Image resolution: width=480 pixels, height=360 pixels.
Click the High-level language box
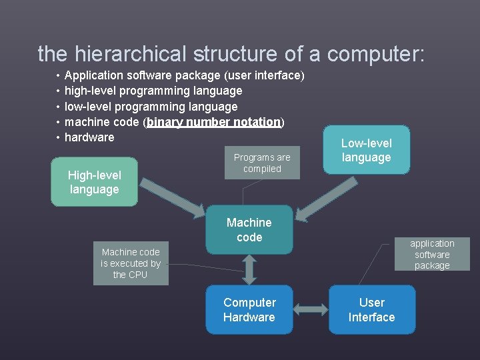[x=94, y=182]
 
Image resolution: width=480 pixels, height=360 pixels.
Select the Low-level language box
[x=366, y=150]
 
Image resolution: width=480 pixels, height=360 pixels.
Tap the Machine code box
[x=249, y=229]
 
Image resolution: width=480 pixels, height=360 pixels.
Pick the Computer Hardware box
[x=249, y=310]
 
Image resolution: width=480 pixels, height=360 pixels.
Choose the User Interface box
[x=371, y=310]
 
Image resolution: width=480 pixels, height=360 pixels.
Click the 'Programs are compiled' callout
[x=262, y=163]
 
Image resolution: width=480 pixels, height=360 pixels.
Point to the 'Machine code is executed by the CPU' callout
[x=131, y=263]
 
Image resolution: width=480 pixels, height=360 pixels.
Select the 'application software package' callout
[x=431, y=254]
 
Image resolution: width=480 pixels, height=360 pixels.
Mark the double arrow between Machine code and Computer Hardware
[x=249, y=269]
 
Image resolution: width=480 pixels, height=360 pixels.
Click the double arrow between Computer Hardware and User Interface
[x=310, y=310]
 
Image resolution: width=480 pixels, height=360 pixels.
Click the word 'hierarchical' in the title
[x=131, y=53]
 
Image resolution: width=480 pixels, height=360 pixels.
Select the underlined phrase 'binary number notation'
[x=214, y=122]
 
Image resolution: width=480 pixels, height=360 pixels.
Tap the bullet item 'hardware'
[x=89, y=137]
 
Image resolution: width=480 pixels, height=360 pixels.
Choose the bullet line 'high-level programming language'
[x=153, y=91]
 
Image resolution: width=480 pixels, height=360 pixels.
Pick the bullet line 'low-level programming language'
[x=151, y=107]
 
